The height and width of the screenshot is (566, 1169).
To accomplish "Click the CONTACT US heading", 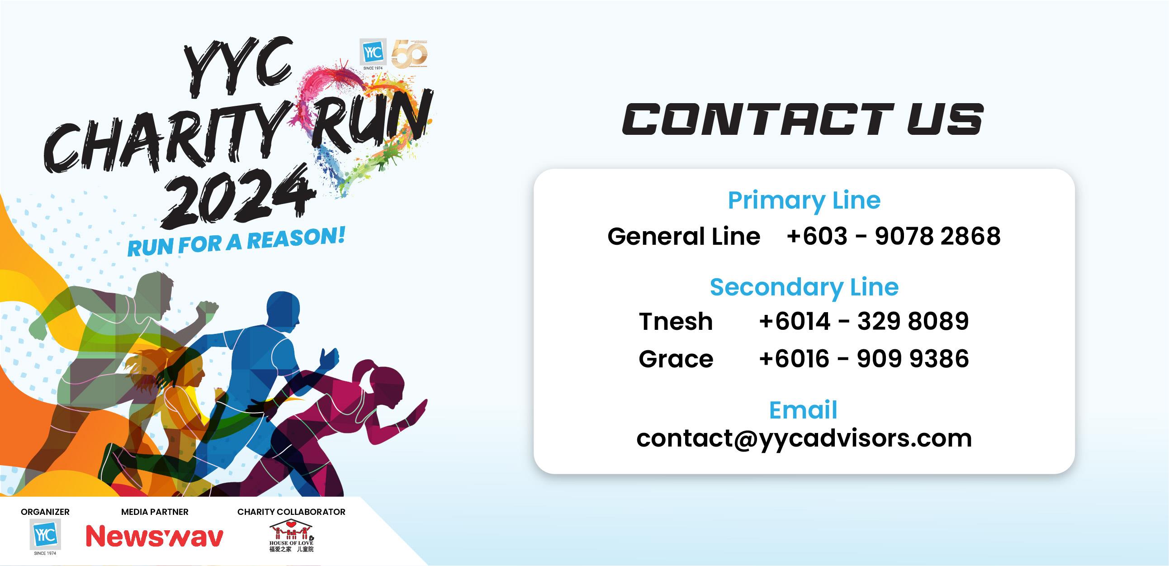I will [802, 119].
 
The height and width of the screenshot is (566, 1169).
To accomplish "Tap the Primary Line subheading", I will [804, 200].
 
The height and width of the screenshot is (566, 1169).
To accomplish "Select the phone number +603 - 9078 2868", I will [893, 237].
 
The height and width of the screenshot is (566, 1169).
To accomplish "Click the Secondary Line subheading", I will [804, 287].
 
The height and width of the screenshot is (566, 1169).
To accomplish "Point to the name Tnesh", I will [676, 321].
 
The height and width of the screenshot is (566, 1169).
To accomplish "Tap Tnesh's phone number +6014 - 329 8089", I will [864, 321].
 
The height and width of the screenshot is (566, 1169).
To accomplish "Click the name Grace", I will [676, 359].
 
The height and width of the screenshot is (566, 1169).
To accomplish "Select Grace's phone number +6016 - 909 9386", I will [864, 359].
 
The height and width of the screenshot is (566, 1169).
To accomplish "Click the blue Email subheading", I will [803, 410].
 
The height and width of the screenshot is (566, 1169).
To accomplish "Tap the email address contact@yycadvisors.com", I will [804, 438].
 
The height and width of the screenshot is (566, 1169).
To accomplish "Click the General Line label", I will [683, 237].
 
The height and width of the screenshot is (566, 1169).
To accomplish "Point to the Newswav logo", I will [154, 537].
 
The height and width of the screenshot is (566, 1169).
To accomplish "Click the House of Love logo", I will [291, 537].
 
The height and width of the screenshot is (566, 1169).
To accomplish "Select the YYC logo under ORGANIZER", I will [45, 535].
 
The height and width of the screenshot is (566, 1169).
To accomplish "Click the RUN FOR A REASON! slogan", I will [236, 242].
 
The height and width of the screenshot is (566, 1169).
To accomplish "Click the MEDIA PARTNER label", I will [154, 512].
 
